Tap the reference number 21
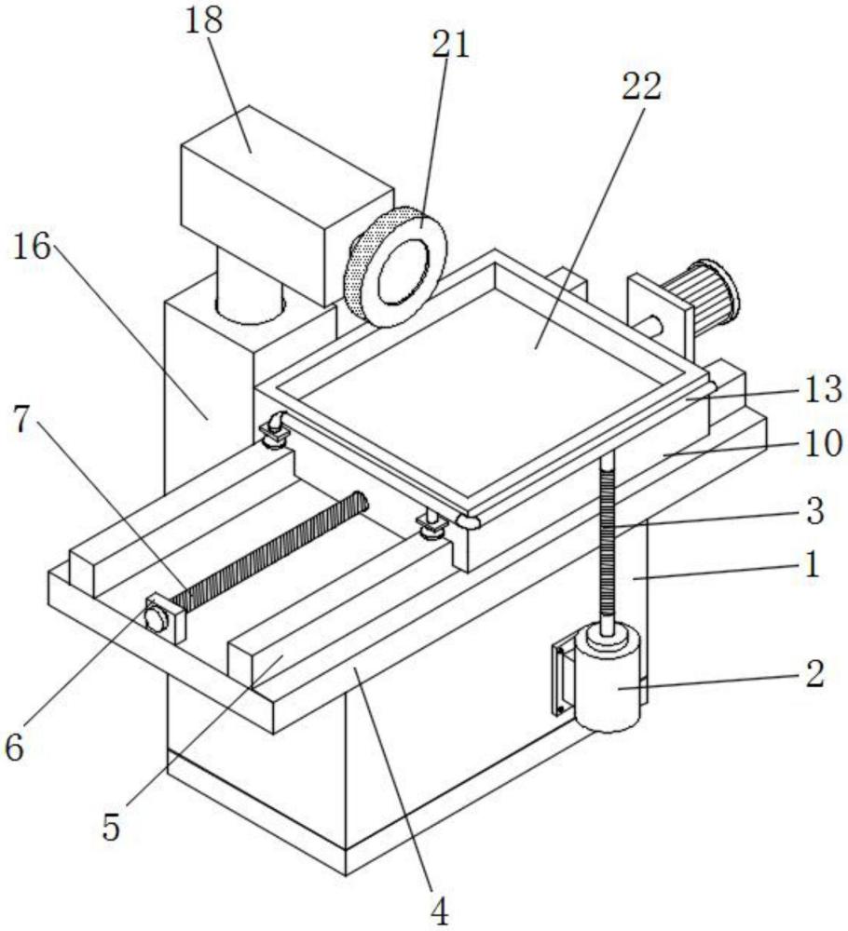pos(450,44)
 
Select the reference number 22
pos(641,87)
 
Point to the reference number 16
pos(32,246)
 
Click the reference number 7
pos(22,420)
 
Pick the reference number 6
pos(15,747)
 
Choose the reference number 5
pos(111,827)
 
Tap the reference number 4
pos(439,911)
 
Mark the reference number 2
pos(814,673)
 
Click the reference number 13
pos(823,390)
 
